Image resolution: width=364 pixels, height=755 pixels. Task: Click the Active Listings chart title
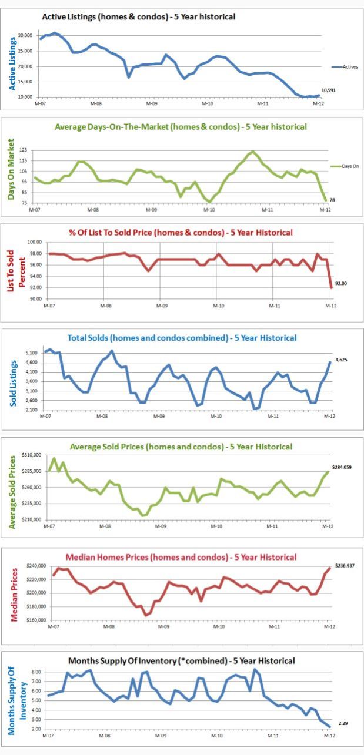click(139, 16)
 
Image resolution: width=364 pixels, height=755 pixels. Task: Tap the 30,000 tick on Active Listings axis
click(26, 36)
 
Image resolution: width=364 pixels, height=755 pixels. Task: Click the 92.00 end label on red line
click(341, 283)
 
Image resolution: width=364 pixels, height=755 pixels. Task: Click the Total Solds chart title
click(182, 338)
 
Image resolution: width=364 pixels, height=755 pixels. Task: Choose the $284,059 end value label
click(345, 467)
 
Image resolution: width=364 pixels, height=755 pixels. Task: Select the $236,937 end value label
click(345, 566)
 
